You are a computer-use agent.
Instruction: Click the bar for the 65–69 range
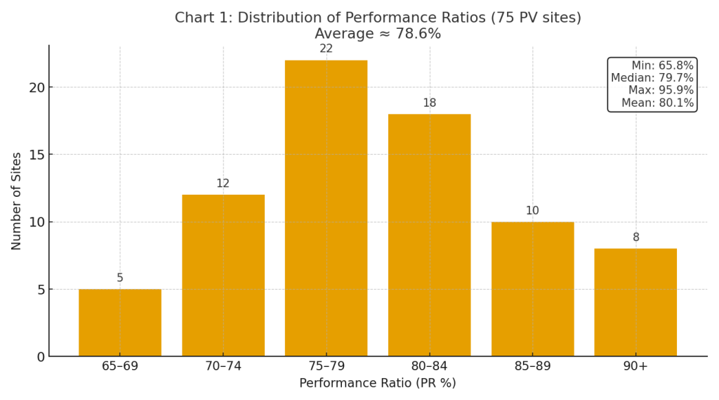pos(119,323)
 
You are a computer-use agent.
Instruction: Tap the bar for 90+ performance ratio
pos(635,302)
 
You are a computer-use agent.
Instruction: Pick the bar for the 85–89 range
pos(532,289)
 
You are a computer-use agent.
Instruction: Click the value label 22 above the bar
pos(326,49)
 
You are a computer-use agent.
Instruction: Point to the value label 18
pos(429,103)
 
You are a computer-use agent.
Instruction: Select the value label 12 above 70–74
pos(223,184)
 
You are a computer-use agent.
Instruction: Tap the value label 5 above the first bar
pos(120,278)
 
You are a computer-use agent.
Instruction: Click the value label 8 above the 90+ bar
pos(636,238)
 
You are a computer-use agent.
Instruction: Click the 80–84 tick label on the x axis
pos(429,366)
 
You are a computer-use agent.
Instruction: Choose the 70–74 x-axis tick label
pos(223,366)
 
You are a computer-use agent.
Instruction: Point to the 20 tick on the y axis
pos(37,88)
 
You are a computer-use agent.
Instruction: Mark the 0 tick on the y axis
pos(41,357)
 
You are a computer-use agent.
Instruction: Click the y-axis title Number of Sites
pos(17,201)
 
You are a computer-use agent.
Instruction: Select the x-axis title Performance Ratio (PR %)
pos(378,383)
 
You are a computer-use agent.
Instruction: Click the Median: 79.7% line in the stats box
pos(652,78)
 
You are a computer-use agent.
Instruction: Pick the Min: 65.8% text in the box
pos(662,66)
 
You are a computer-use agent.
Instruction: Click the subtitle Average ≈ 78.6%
pos(378,34)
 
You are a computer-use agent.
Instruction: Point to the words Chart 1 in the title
pos(200,18)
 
